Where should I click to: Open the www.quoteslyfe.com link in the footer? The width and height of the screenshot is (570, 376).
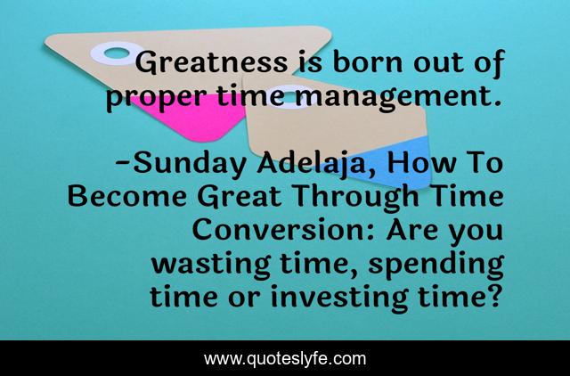[x=285, y=359]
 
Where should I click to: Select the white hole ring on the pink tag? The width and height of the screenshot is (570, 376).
[x=115, y=53]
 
